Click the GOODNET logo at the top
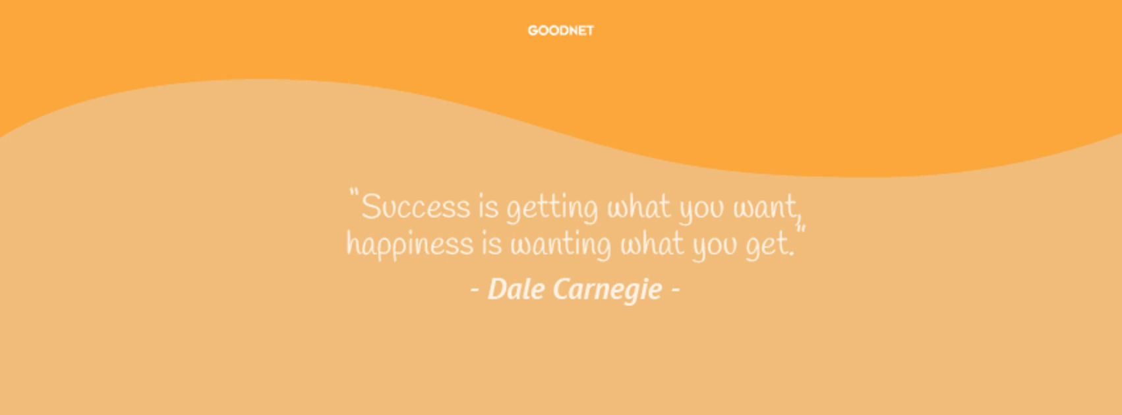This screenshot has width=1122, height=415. pyautogui.click(x=560, y=30)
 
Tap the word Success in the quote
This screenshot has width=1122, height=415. pyautogui.click(x=416, y=206)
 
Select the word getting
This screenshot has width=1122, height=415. pyautogui.click(x=552, y=208)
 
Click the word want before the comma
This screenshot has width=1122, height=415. pyautogui.click(x=764, y=206)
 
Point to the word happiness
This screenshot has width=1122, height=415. pyautogui.click(x=410, y=245)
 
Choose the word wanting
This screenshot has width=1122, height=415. pyautogui.click(x=560, y=245)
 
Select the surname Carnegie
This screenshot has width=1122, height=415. pyautogui.click(x=608, y=290)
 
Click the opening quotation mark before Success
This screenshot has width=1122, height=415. pyautogui.click(x=354, y=193)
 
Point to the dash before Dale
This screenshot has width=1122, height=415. pyautogui.click(x=475, y=290)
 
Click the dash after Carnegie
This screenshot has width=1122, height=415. pyautogui.click(x=675, y=290)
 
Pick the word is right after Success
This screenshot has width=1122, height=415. pyautogui.click(x=488, y=206)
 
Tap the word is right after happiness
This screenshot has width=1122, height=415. pyautogui.click(x=492, y=244)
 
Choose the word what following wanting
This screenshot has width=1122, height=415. pyautogui.click(x=652, y=244)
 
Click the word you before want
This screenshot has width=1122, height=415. pyautogui.click(x=701, y=209)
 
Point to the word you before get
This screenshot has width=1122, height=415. pyautogui.click(x=715, y=248)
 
